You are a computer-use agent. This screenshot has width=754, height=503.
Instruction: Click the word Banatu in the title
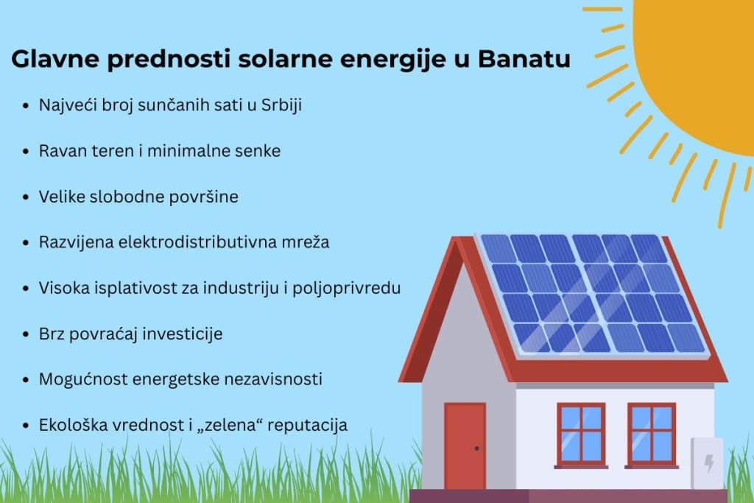(x=524, y=59)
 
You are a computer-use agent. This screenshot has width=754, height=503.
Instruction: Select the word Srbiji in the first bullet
(x=281, y=105)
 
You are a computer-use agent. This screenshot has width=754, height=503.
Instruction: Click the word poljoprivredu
(x=347, y=288)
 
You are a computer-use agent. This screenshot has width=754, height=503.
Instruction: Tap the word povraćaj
(x=103, y=334)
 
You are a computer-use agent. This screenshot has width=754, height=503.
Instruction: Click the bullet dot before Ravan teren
(x=26, y=152)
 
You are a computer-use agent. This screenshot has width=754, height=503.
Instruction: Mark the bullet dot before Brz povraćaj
(x=26, y=334)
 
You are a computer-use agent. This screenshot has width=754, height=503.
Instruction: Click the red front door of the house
(x=465, y=446)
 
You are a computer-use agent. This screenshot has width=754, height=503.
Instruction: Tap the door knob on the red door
(x=476, y=449)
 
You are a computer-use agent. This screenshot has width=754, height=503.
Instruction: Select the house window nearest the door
(x=581, y=435)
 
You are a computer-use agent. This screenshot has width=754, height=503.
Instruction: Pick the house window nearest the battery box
(x=652, y=435)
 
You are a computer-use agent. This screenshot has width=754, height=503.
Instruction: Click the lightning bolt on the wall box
(x=709, y=462)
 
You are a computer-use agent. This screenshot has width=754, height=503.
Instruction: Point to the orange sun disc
(x=697, y=72)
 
